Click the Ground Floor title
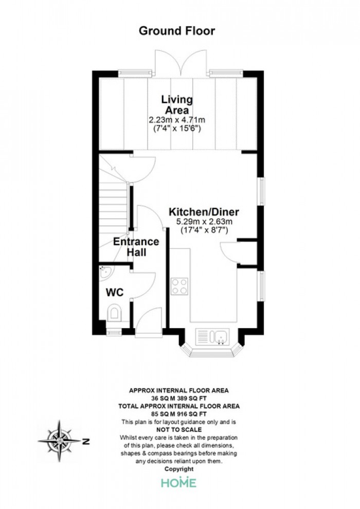(x=177, y=31)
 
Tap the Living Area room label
(x=177, y=104)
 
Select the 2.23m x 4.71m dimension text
(x=177, y=120)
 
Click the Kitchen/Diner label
(x=204, y=212)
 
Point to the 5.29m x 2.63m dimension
(x=204, y=222)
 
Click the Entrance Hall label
(x=136, y=247)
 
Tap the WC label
(x=115, y=293)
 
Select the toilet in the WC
(x=114, y=313)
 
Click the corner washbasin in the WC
(x=105, y=271)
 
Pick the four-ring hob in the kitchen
(x=179, y=287)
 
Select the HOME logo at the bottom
(x=179, y=482)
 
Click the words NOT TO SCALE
(x=179, y=430)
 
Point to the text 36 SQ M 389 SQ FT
(x=179, y=398)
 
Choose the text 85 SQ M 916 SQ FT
(x=179, y=414)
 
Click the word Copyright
(x=179, y=469)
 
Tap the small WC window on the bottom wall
(x=114, y=332)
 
